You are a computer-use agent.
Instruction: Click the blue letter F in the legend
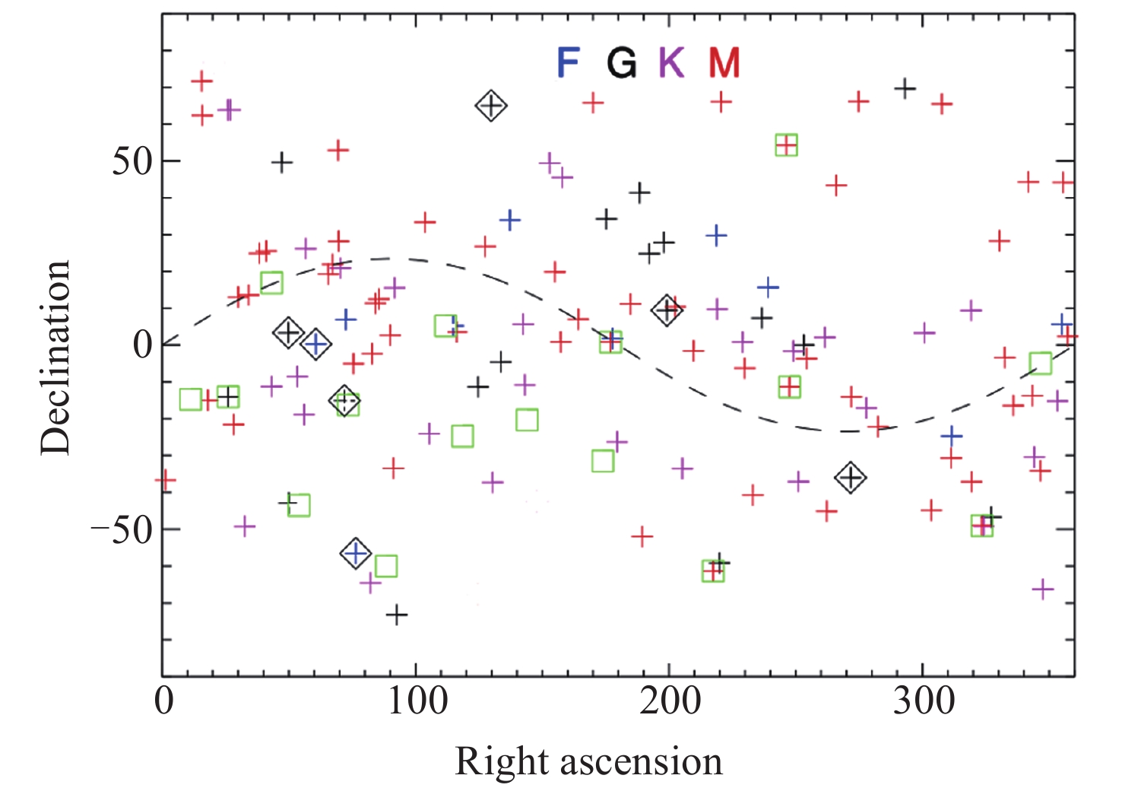[569, 62]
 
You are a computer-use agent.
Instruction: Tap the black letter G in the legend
[621, 62]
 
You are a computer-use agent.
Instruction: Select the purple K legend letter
[672, 62]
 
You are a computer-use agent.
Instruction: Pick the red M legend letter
[724, 62]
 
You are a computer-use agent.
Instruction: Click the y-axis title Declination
[55, 357]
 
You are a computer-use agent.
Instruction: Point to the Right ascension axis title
[588, 761]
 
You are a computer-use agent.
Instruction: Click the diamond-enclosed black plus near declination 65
[491, 106]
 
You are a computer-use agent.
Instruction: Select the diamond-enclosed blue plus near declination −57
[355, 553]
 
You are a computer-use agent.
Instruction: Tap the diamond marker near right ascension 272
[851, 478]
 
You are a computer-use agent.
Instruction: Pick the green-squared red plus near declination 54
[786, 145]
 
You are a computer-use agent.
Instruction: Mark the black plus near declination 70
[905, 88]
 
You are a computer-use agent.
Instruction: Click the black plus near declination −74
[396, 614]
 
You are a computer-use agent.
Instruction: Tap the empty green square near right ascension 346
[1040, 364]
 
